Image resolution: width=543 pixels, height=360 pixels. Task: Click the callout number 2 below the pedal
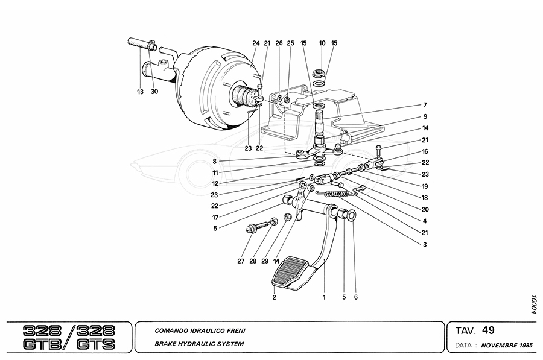click(x=274, y=297)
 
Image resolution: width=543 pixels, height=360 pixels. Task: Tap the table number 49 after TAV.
click(x=488, y=330)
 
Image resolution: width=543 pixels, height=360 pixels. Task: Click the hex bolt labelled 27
click(x=252, y=229)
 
